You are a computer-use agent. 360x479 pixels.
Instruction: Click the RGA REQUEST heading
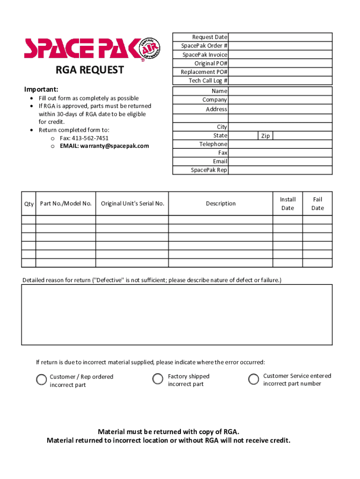(90, 70)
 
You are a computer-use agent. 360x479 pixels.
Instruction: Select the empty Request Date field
(280, 37)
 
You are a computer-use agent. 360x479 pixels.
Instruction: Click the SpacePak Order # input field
(280, 46)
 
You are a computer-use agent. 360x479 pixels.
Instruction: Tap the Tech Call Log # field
(280, 80)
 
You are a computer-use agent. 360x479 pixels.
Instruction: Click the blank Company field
(280, 100)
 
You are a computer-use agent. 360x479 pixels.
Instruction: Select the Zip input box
(302, 136)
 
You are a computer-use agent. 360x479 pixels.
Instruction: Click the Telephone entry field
(280, 144)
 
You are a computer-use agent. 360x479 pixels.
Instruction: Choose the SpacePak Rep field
(280, 170)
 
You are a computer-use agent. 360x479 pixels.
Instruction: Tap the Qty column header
(29, 204)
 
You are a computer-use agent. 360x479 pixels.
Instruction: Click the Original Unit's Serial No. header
(132, 203)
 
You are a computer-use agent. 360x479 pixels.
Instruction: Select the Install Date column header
(288, 203)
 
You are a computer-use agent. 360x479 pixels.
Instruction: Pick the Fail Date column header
(317, 203)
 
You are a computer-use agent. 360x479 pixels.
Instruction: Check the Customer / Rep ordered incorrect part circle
(42, 380)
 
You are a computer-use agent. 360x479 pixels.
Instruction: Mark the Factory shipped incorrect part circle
(158, 379)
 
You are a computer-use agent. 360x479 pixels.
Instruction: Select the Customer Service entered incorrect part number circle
(253, 379)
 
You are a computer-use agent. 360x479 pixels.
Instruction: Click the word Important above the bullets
(41, 89)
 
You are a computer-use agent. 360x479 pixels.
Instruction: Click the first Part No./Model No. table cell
(66, 219)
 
